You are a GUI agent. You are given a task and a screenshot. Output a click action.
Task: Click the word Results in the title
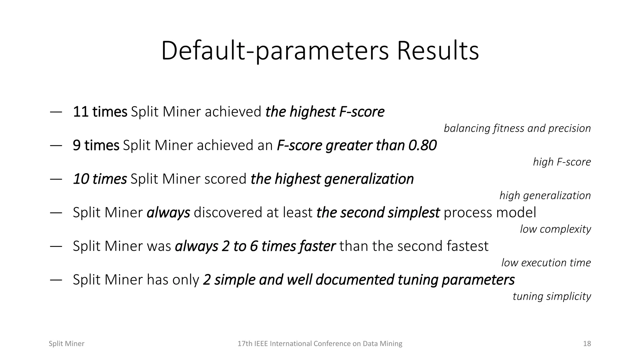437,51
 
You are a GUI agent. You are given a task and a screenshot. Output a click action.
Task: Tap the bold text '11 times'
100,112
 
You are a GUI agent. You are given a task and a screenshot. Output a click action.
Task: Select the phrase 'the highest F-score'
325,112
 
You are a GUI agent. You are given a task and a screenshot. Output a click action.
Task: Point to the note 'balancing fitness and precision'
517,128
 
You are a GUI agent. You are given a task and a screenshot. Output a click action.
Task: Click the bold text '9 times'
96,145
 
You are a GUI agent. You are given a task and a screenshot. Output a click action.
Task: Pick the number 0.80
422,145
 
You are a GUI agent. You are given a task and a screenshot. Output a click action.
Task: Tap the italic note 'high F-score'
562,162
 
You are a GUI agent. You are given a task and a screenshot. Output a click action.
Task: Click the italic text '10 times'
100,179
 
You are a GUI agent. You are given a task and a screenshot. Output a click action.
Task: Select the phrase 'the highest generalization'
332,179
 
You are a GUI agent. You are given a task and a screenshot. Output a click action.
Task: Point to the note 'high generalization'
545,196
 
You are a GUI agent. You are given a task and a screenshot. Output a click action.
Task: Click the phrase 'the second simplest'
378,212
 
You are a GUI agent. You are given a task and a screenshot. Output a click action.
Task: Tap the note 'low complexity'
555,229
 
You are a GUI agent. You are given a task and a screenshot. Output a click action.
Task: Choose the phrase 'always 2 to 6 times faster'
255,246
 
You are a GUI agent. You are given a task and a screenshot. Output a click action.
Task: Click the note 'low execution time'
546,263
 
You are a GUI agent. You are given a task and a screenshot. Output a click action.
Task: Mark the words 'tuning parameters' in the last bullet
456,280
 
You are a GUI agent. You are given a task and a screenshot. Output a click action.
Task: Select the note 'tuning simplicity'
552,296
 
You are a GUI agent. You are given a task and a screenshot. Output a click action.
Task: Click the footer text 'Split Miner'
67,344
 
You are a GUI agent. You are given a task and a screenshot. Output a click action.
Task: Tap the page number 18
587,344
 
